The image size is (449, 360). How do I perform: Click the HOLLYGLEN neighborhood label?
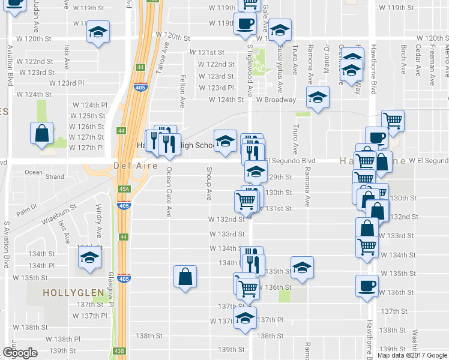(66, 293)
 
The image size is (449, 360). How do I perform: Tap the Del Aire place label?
(130, 166)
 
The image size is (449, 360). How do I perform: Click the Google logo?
(20, 353)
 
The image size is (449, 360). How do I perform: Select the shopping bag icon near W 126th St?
(42, 134)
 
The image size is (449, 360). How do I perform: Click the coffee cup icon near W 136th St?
(367, 286)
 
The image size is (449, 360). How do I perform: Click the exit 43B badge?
(120, 351)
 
